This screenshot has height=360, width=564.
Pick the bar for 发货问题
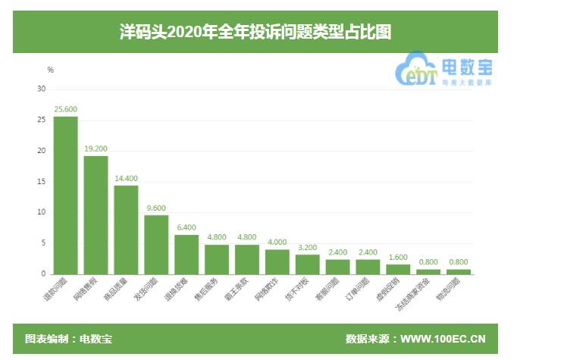tap(156, 244)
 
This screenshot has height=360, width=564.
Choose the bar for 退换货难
tap(186, 254)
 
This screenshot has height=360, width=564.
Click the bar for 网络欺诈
tap(277, 261)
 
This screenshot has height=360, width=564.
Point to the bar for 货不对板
tap(308, 264)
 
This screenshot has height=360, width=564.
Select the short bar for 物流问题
tap(459, 271)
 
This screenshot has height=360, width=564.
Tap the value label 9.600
tap(156, 208)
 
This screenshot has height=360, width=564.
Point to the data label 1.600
tap(398, 257)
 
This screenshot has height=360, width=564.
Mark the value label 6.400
tap(186, 227)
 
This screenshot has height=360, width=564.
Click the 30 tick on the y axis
tap(42, 89)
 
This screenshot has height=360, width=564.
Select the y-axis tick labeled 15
tap(42, 181)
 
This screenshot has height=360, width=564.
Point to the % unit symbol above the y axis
tap(51, 70)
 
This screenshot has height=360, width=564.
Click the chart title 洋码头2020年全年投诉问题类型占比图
tap(255, 32)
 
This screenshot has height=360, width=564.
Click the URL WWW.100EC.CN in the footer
tap(443, 339)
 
